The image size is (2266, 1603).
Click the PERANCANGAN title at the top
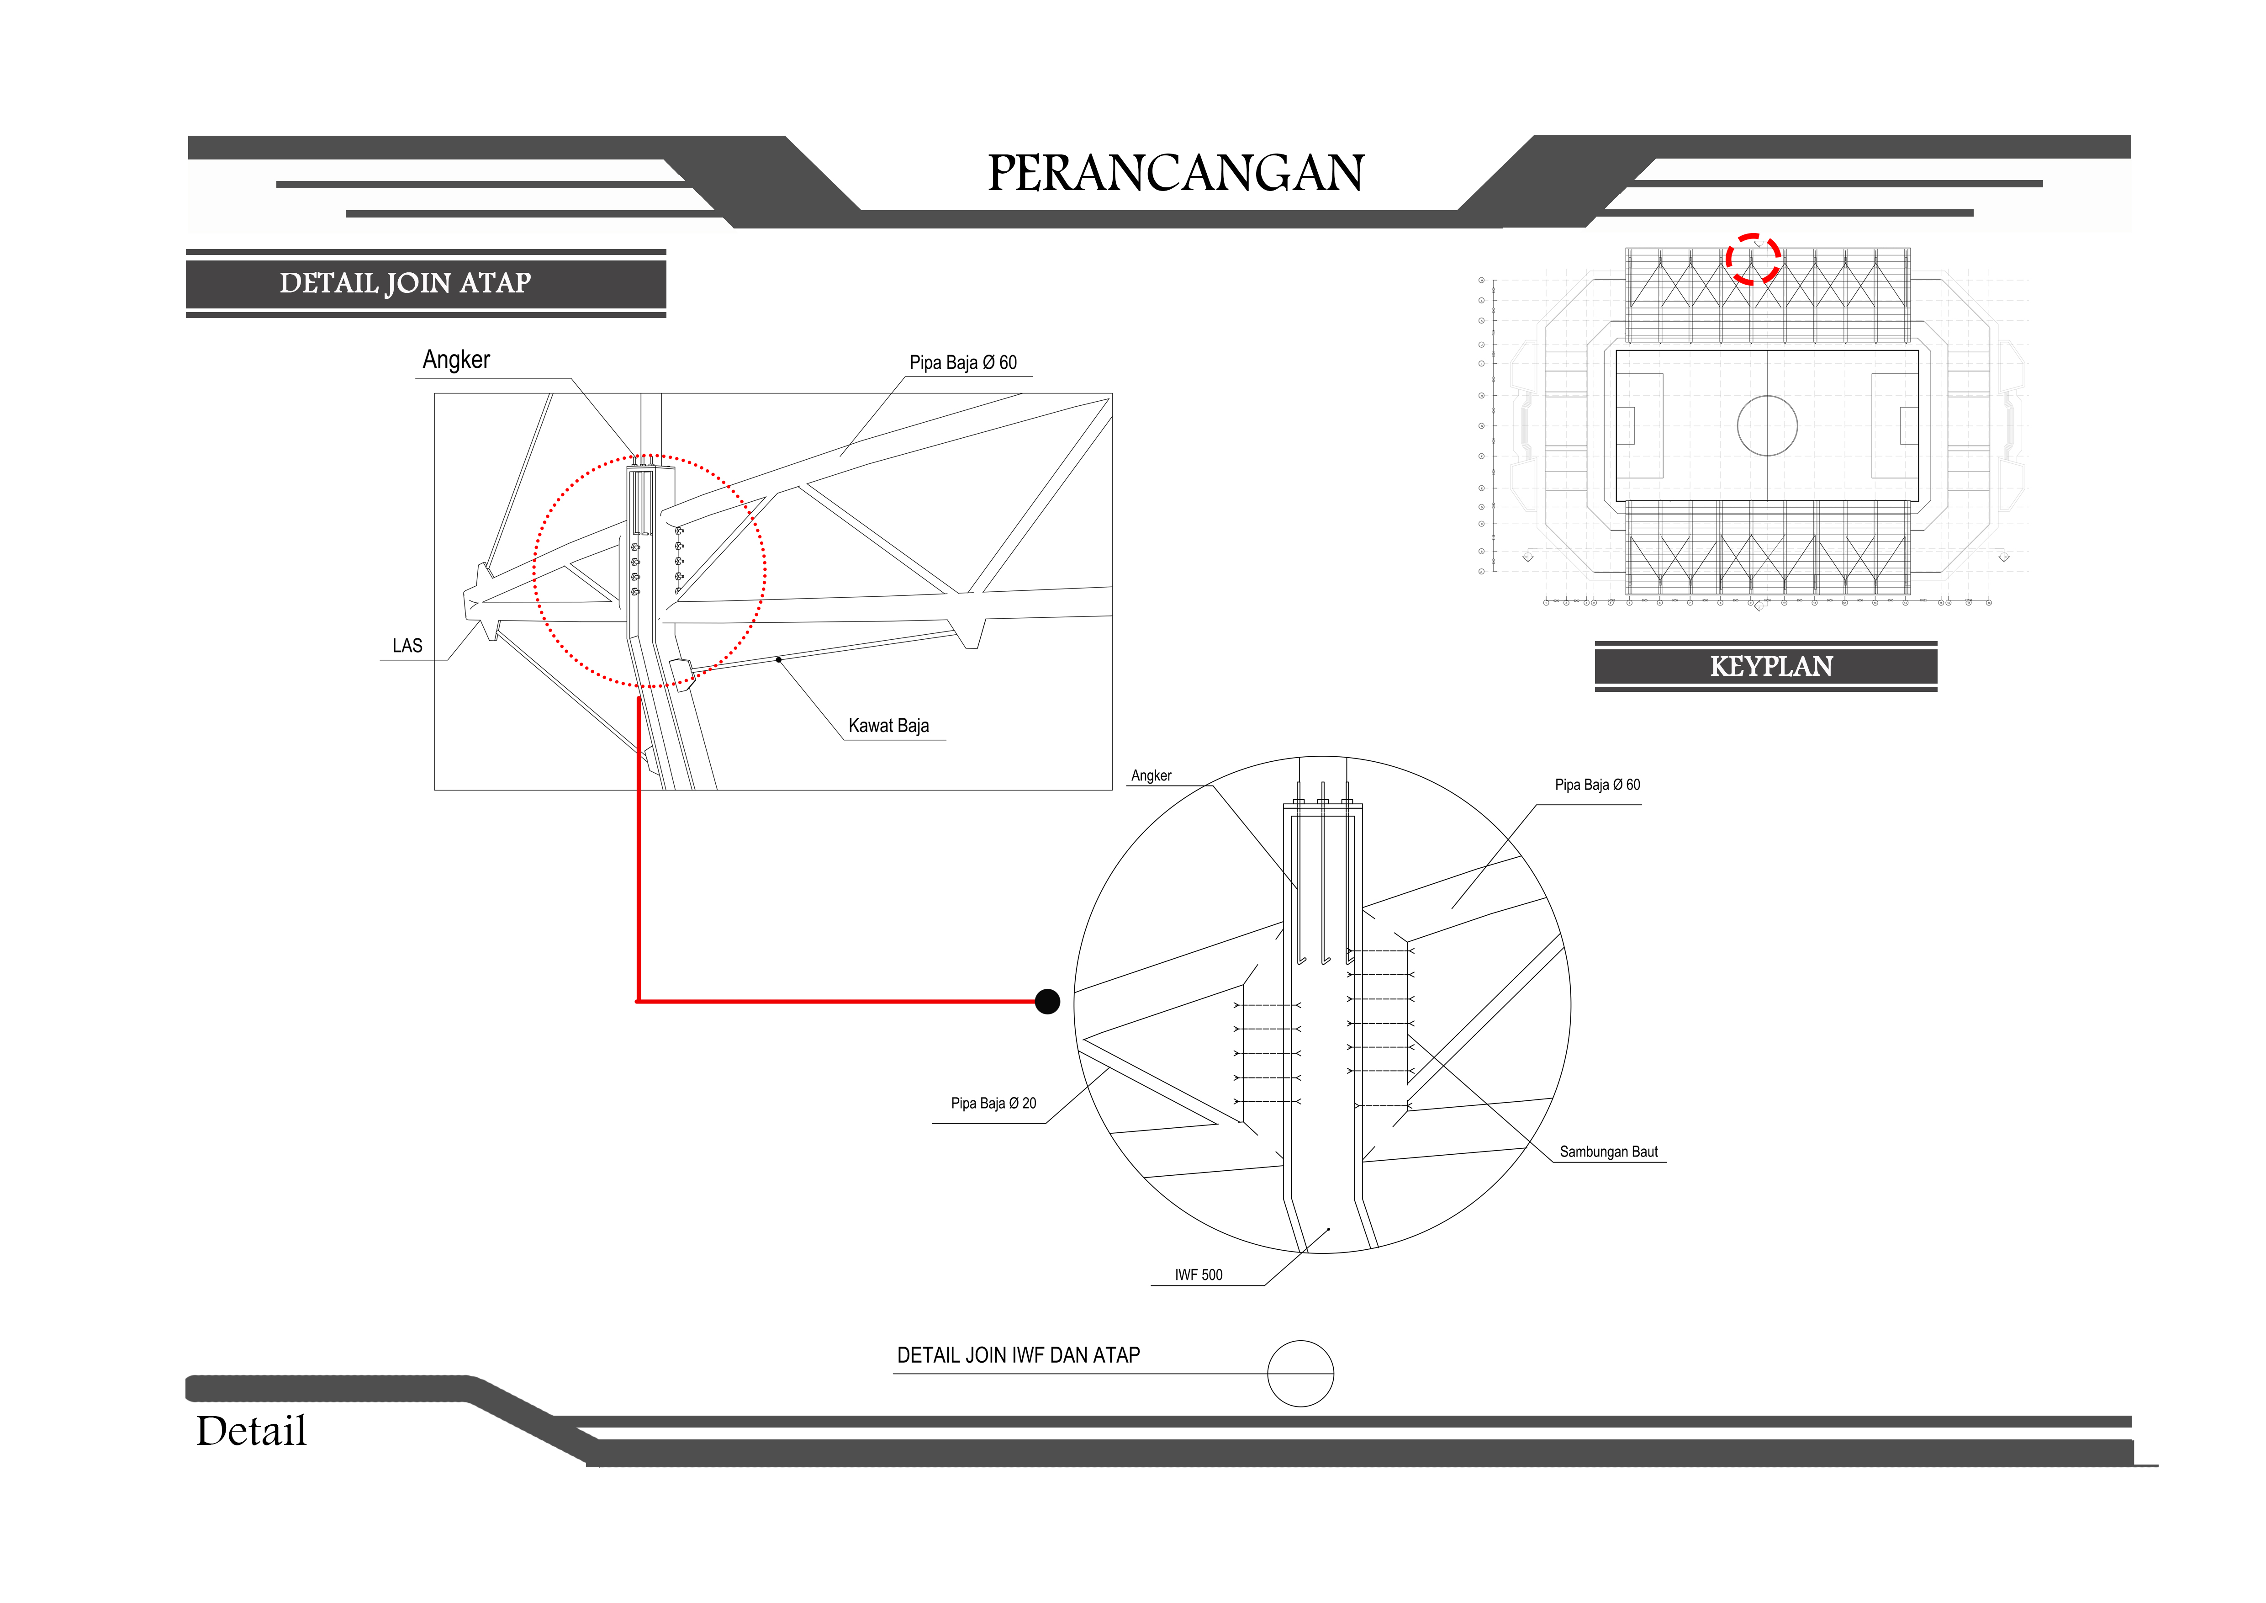(1175, 174)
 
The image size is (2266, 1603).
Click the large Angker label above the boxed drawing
(456, 359)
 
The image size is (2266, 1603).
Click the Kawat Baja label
(888, 726)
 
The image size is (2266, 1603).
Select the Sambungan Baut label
(1609, 1152)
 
